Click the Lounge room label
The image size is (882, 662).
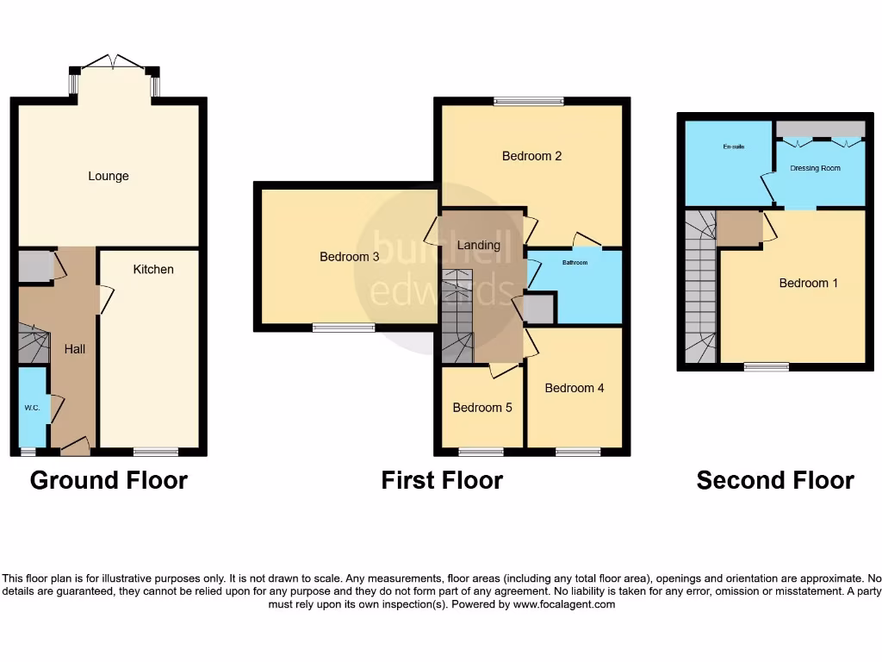click(x=109, y=176)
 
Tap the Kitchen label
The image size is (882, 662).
click(x=153, y=269)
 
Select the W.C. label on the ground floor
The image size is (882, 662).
click(x=33, y=408)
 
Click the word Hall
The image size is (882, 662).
click(x=75, y=349)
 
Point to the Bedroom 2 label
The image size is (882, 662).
click(x=532, y=156)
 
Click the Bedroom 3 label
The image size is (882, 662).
click(x=349, y=257)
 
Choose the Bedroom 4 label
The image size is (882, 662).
click(x=575, y=388)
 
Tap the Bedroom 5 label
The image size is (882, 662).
click(x=482, y=407)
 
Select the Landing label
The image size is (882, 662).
click(x=479, y=245)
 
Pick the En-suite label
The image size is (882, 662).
click(x=733, y=147)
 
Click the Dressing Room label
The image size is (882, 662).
click(x=815, y=168)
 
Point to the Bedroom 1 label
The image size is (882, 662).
click(x=809, y=283)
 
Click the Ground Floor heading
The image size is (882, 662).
click(x=109, y=480)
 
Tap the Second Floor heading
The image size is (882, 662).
click(x=775, y=480)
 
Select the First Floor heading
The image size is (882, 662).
click(x=442, y=480)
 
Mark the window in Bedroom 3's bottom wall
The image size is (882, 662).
click(x=343, y=328)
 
